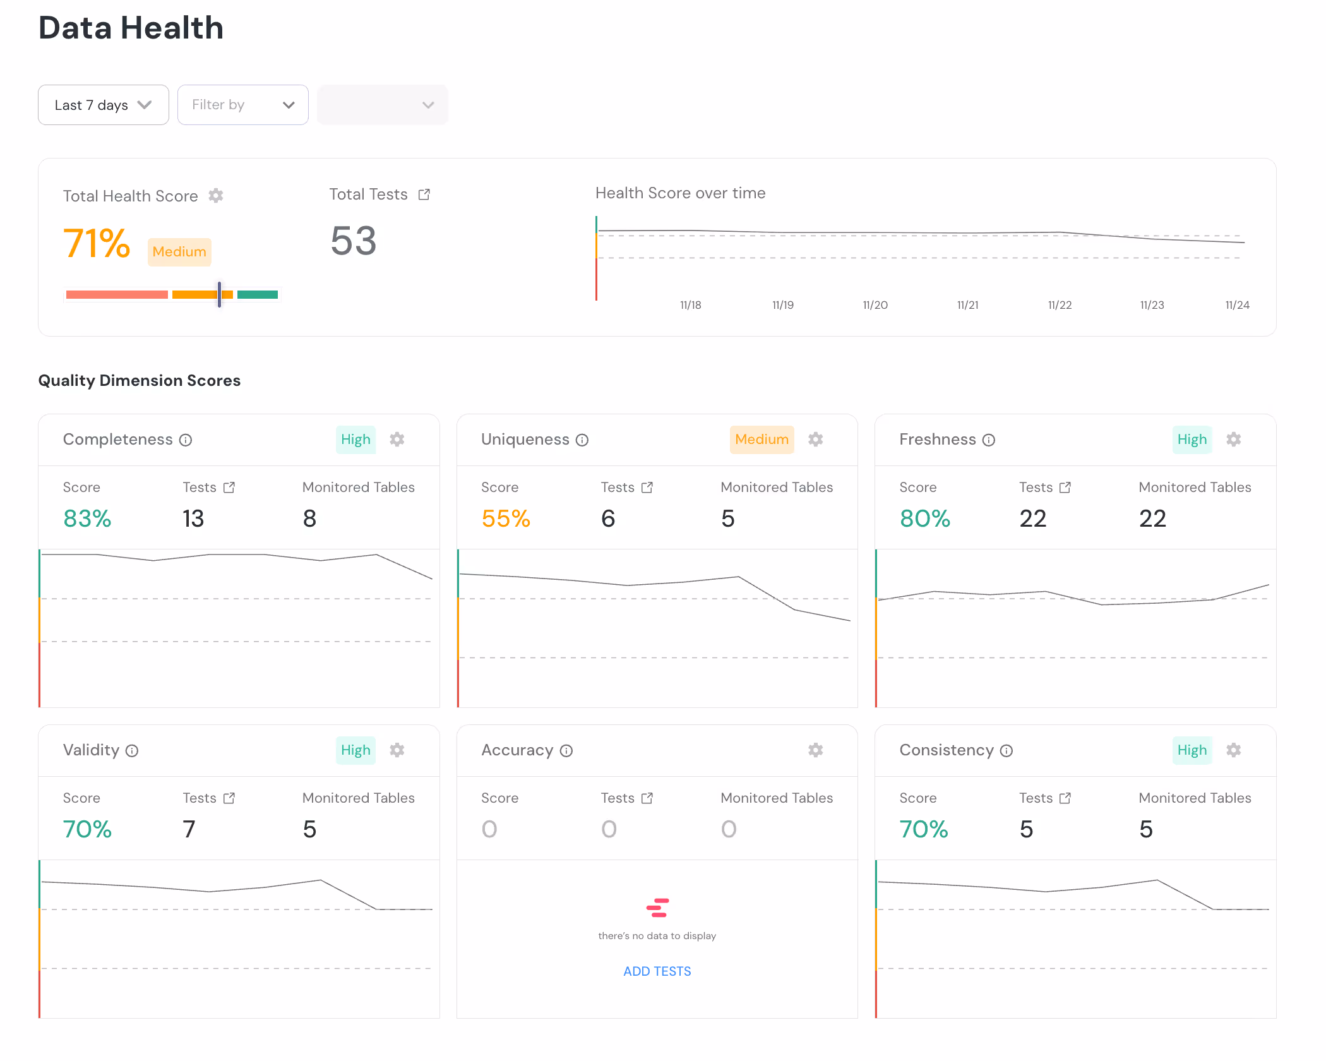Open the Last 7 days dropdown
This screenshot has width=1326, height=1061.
point(103,105)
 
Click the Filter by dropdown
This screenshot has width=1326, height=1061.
point(242,105)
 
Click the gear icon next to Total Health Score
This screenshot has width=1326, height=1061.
point(216,196)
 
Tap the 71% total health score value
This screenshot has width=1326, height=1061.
point(97,243)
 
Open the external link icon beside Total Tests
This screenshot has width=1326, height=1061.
point(424,195)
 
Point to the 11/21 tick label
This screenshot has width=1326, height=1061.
point(967,305)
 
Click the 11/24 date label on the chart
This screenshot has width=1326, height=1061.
point(1237,305)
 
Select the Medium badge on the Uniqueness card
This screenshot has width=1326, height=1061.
point(762,440)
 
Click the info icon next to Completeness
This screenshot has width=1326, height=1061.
point(186,440)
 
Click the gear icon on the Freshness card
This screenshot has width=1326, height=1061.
point(1233,440)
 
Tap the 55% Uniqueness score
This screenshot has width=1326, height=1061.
point(505,519)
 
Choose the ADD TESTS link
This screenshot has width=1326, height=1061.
point(657,971)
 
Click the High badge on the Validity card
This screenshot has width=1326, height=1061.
point(355,750)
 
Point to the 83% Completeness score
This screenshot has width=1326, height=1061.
point(87,519)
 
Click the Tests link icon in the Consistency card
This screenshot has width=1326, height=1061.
point(1065,798)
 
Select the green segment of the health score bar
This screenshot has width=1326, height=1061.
point(258,294)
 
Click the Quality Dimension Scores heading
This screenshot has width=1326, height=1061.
point(140,380)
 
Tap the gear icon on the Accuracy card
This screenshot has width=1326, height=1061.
point(815,750)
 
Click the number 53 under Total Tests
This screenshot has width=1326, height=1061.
point(354,241)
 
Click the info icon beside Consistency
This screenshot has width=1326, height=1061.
point(1006,751)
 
